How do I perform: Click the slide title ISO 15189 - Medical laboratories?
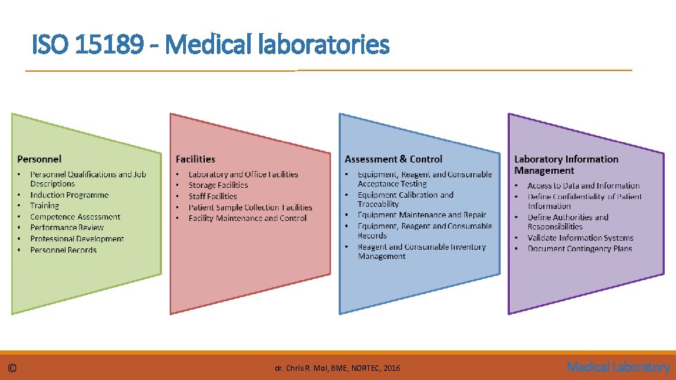pyautogui.click(x=210, y=46)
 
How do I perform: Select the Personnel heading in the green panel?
pyautogui.click(x=39, y=159)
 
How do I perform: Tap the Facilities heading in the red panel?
pyautogui.click(x=195, y=159)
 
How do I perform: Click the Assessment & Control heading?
pyautogui.click(x=394, y=159)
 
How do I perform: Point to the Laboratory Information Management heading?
pyautogui.click(x=566, y=165)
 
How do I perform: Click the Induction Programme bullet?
pyautogui.click(x=69, y=195)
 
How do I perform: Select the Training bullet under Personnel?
pyautogui.click(x=44, y=205)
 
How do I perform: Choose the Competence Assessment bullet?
pyautogui.click(x=75, y=217)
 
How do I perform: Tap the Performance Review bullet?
pyautogui.click(x=67, y=227)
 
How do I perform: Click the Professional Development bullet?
pyautogui.click(x=77, y=239)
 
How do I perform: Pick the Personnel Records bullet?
pyautogui.click(x=63, y=250)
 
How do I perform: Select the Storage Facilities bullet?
pyautogui.click(x=218, y=185)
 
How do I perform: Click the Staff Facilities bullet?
pyautogui.click(x=213, y=196)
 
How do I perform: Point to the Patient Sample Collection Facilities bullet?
pyautogui.click(x=250, y=208)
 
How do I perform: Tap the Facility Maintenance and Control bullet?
pyautogui.click(x=247, y=218)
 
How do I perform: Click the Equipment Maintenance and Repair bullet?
pyautogui.click(x=422, y=215)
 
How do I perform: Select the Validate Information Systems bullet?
pyautogui.click(x=580, y=238)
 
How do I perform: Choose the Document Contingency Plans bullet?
pyautogui.click(x=580, y=248)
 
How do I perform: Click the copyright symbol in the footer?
pyautogui.click(x=12, y=368)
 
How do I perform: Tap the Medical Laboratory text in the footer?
pyautogui.click(x=618, y=367)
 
